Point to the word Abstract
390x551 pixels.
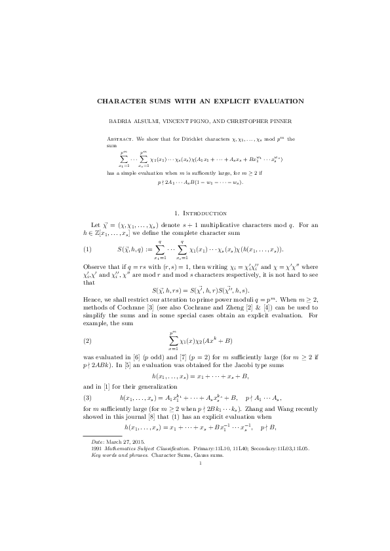(119, 139)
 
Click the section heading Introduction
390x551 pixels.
(201, 213)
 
